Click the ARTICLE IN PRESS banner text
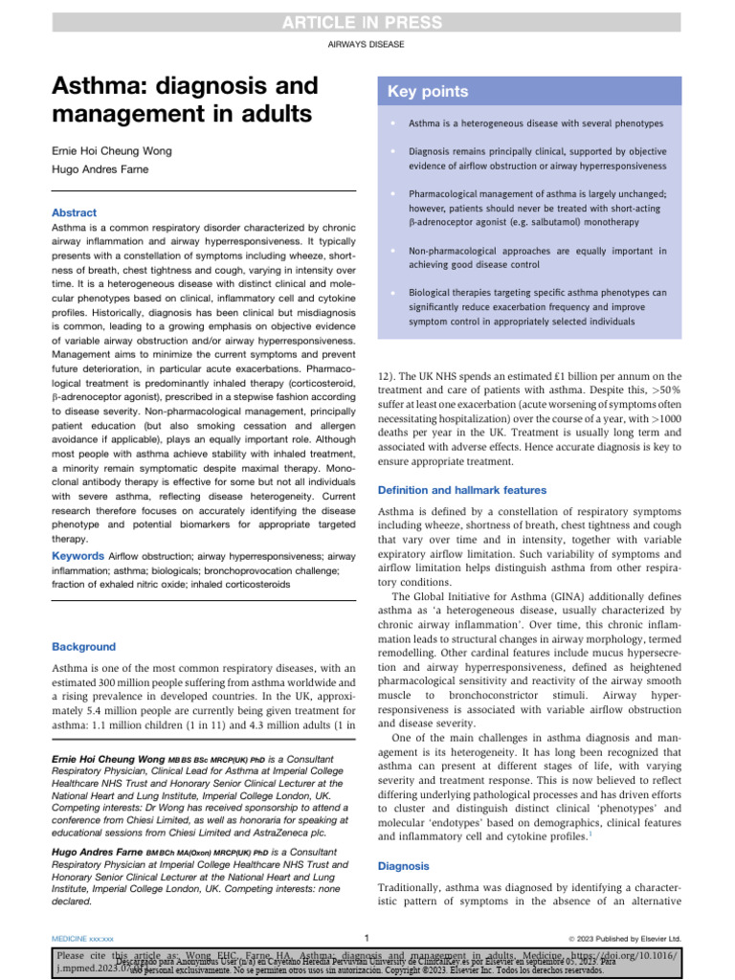(367, 23)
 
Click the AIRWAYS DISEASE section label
(367, 45)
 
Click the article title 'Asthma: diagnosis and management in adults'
(184, 100)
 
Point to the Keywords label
(78, 556)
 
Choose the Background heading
(83, 647)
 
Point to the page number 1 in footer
(367, 938)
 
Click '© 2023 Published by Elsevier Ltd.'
(625, 939)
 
